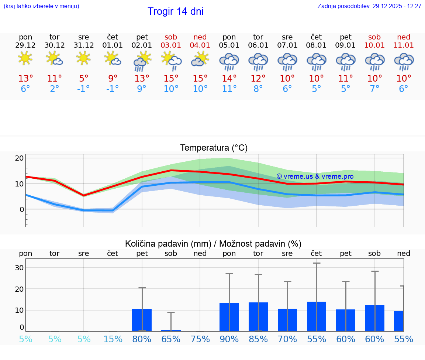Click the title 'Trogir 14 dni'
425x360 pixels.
coord(175,11)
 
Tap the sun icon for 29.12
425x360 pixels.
coord(25,58)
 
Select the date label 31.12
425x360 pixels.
coord(84,45)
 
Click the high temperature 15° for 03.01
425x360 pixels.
coord(171,79)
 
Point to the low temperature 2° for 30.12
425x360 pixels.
coord(55,89)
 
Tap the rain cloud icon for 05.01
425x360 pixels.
coord(229,61)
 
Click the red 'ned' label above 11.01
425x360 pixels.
coord(404,37)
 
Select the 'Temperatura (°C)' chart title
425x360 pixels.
coord(214,148)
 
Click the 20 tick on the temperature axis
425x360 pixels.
coord(19,158)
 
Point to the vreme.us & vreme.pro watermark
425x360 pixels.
coord(315,176)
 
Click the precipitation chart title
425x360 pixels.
coord(213,244)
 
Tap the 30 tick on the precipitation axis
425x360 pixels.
coord(19,268)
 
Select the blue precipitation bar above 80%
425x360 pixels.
coord(142,320)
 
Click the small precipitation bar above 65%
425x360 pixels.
coord(171,330)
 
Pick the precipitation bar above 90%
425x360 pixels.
coord(229,317)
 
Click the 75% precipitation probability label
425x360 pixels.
coord(200,339)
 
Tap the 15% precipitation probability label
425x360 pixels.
coord(113,339)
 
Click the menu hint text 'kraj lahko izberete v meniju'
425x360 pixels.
coord(41,6)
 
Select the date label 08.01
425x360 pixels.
coord(316,45)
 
